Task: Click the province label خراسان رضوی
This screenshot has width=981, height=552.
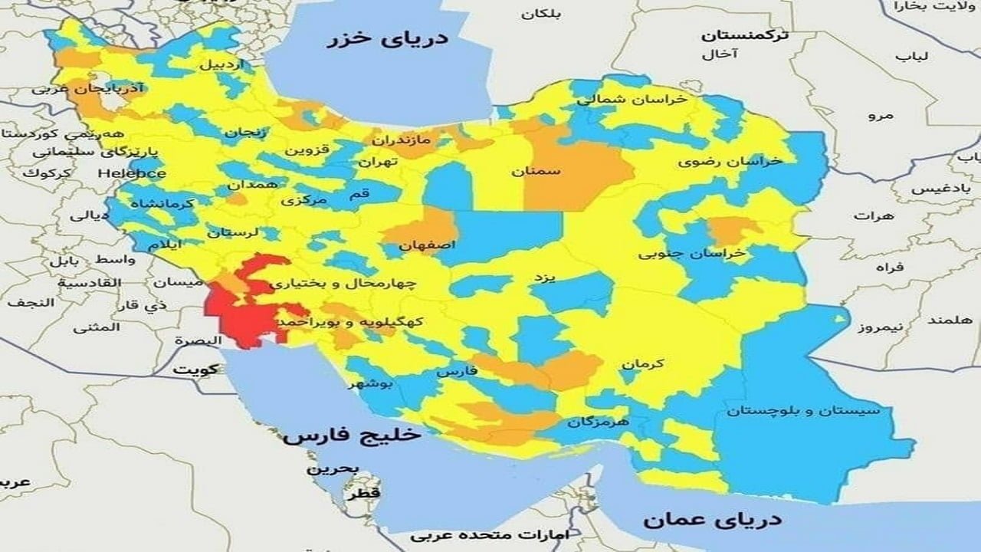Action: [730, 162]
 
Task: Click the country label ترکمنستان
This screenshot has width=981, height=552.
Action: [746, 36]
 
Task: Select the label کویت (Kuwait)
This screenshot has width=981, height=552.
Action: [195, 369]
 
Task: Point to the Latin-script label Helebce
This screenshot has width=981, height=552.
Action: [132, 173]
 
